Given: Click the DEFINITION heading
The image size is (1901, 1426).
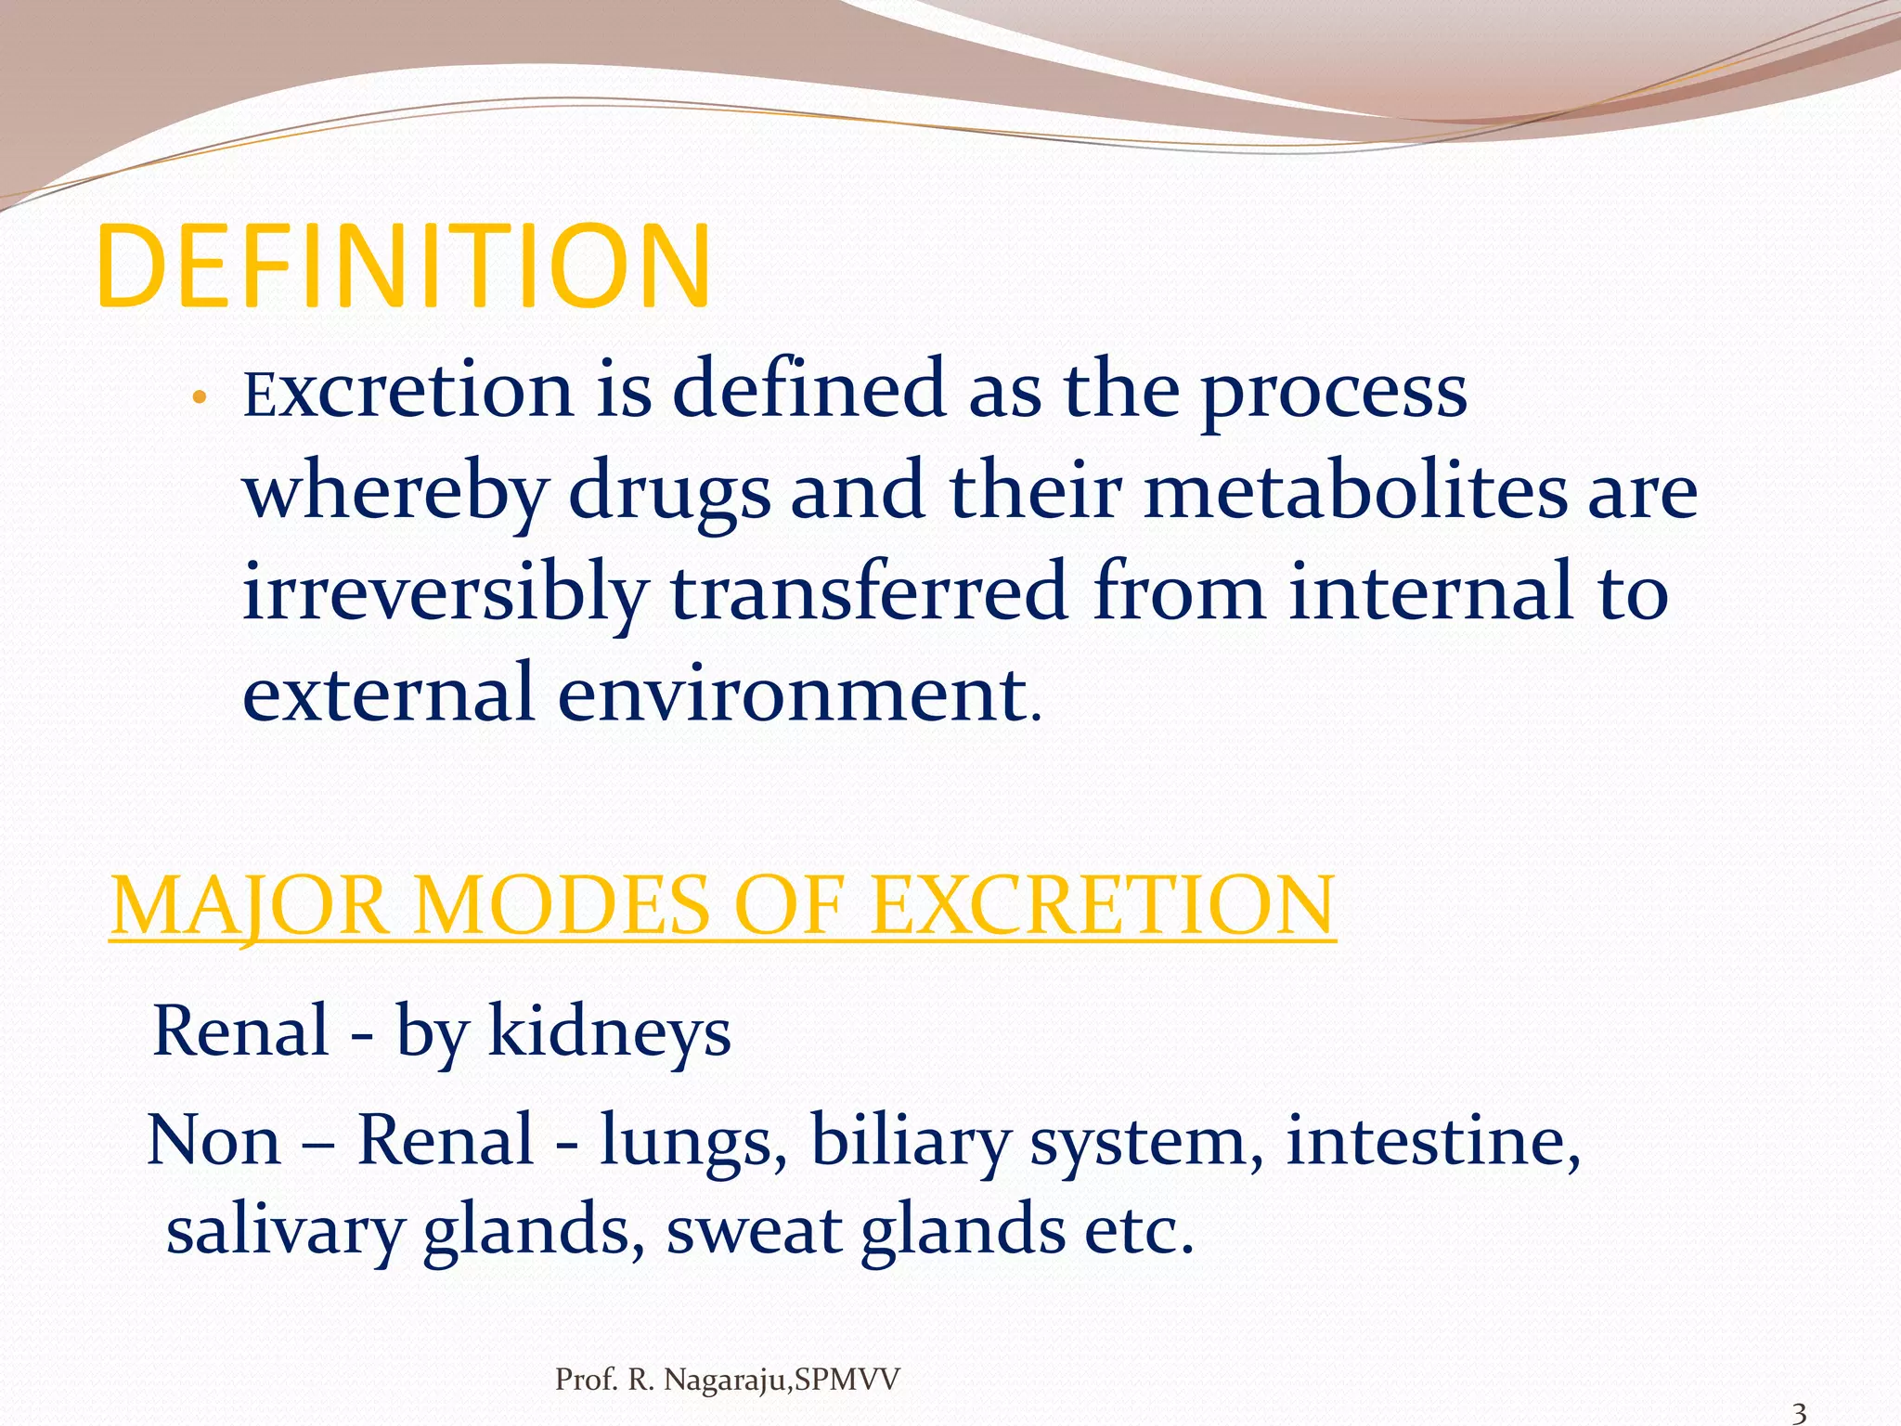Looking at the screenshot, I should [x=403, y=267].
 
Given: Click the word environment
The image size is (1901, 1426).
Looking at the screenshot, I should [x=793, y=694].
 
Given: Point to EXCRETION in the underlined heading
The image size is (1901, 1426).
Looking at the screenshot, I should [x=1103, y=906].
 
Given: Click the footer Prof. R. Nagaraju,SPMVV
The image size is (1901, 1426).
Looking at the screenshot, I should [x=727, y=1381].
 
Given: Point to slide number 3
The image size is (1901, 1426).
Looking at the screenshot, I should [x=1798, y=1413].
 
